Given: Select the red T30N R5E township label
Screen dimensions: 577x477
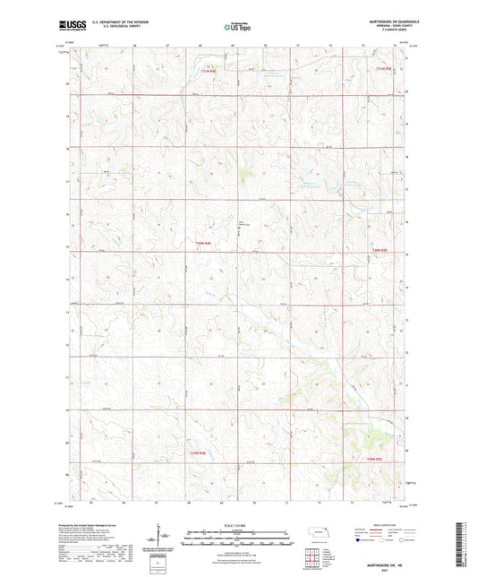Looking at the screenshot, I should (382, 250).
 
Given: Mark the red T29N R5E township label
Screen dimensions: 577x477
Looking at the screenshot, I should (379, 459).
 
